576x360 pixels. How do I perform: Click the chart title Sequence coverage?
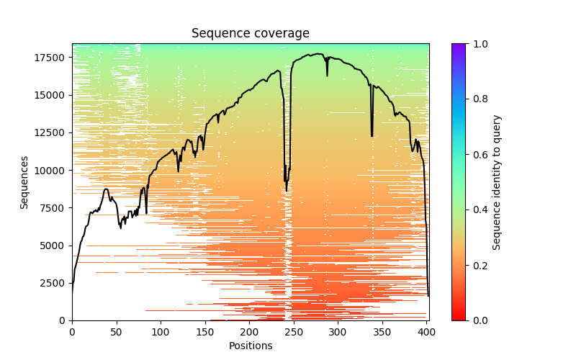point(250,33)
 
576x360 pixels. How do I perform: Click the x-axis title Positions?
point(250,346)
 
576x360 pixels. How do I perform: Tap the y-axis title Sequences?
point(24,182)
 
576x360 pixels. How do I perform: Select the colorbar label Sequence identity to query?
point(497,182)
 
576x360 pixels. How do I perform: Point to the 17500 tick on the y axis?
point(48,58)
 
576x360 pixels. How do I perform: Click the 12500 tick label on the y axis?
point(48,132)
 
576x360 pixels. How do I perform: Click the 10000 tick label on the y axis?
point(48,171)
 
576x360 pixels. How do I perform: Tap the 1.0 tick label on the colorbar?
point(478,44)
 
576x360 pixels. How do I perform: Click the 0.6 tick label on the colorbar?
point(478,155)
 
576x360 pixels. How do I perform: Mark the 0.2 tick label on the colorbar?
point(478,265)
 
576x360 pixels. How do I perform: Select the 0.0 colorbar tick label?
point(478,320)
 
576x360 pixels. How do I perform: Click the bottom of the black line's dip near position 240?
point(287,190)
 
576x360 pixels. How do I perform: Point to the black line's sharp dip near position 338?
point(372,135)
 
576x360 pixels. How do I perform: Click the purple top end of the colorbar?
point(458,46)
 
